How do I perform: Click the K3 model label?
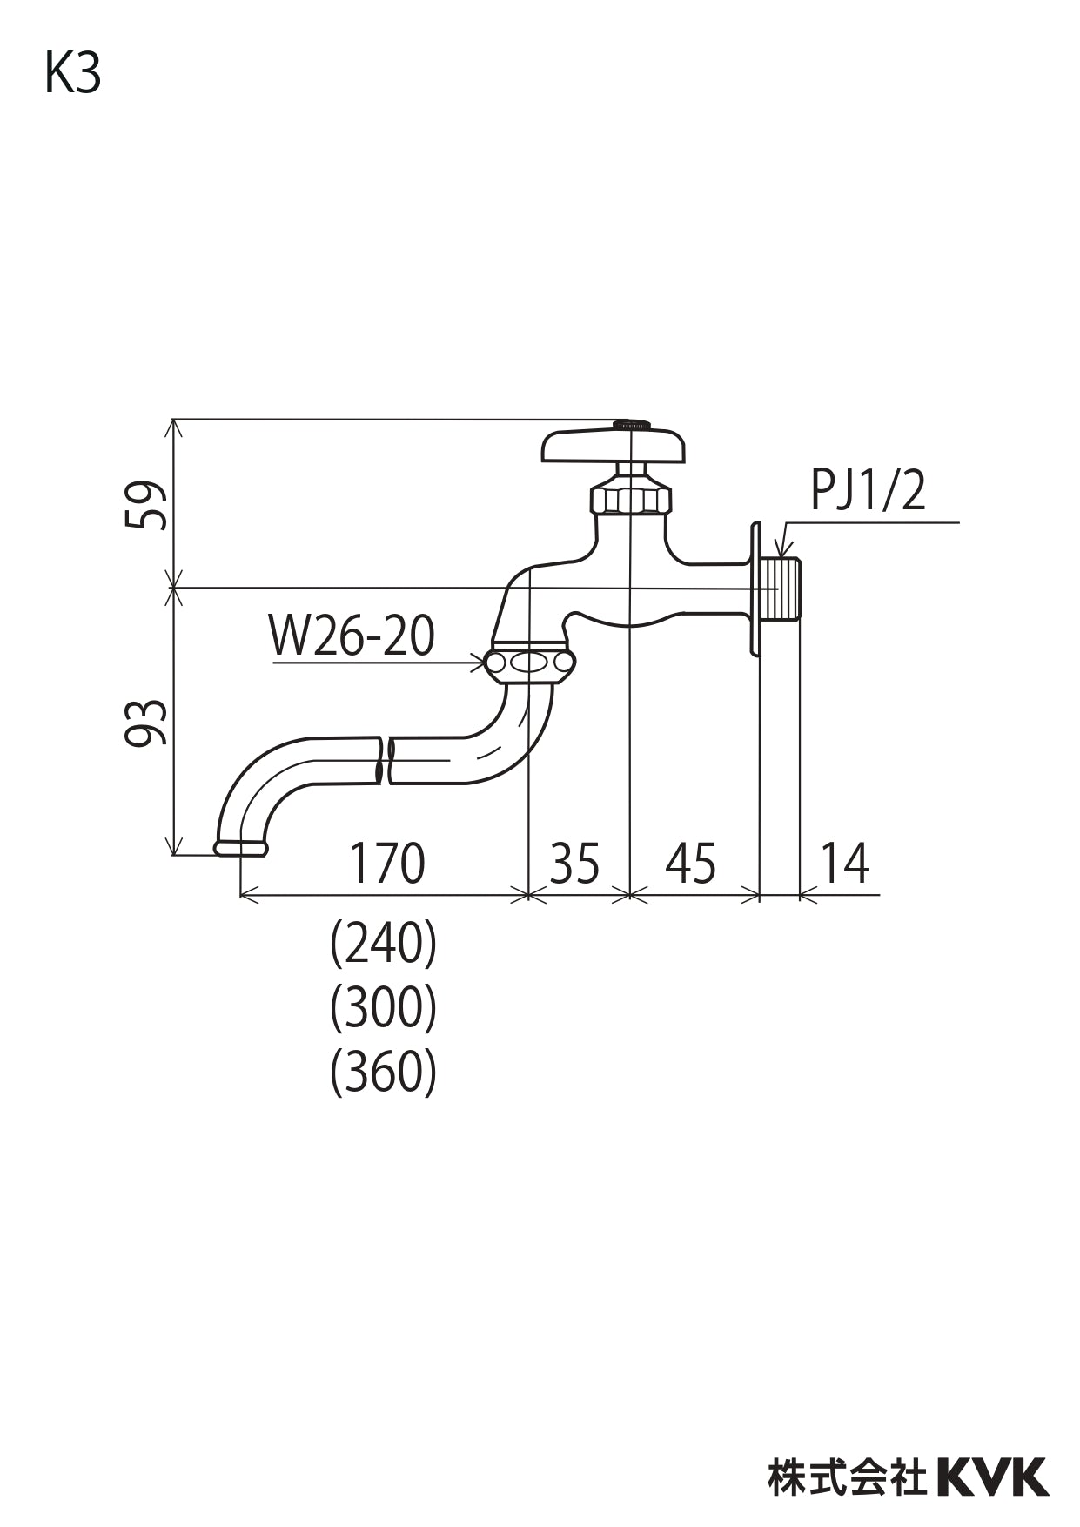[73, 75]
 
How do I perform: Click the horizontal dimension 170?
[386, 864]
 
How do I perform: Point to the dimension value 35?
[574, 864]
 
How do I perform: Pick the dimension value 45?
[691, 864]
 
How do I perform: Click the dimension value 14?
[844, 864]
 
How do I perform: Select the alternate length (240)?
[383, 944]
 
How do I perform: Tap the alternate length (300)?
[383, 1008]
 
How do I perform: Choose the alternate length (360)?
[383, 1073]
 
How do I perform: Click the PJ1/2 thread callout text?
[868, 491]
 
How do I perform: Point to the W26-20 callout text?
[352, 636]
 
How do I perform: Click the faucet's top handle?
[614, 445]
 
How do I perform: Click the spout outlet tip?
[240, 847]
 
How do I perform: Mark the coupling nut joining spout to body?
[529, 663]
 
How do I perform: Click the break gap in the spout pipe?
[384, 760]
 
